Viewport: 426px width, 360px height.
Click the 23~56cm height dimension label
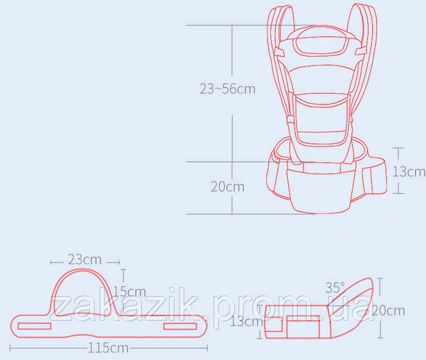coord(227,89)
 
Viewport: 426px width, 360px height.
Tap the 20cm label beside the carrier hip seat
coord(227,187)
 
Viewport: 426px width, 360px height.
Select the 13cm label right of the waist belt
coord(409,172)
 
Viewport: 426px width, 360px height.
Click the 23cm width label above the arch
coord(85,259)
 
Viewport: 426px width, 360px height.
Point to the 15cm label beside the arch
coord(130,292)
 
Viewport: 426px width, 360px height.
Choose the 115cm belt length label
coord(108,348)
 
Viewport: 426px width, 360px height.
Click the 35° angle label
coord(335,288)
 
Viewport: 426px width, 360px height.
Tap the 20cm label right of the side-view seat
coord(388,311)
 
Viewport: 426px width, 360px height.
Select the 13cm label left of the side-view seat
coord(246,322)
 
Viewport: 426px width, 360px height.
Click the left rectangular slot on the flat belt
coord(34,326)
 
